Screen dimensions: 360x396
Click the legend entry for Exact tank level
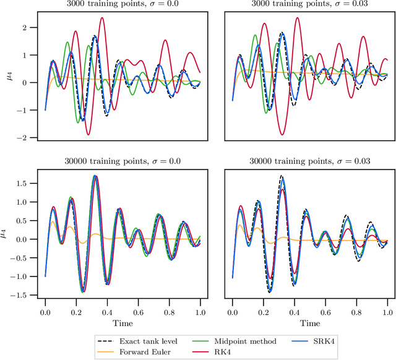[142, 340]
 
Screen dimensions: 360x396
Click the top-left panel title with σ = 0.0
[122, 4]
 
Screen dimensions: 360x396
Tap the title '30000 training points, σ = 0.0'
[122, 161]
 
